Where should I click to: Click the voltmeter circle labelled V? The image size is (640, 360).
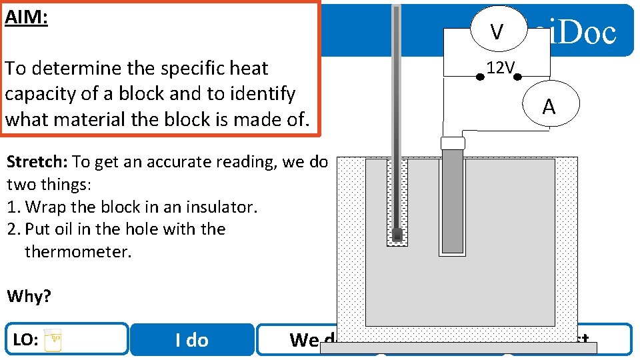coord(497,31)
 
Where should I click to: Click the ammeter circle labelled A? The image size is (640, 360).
coord(549,107)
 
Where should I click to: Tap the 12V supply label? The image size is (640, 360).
coord(500,67)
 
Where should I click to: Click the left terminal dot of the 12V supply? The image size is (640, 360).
coord(479,77)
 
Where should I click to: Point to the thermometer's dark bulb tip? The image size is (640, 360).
coord(397,235)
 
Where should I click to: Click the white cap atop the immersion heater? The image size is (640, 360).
coord(453,143)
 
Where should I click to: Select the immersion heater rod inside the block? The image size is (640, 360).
coord(453,200)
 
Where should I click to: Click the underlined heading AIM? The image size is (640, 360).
coord(26,17)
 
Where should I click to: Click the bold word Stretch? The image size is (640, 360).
coord(37,162)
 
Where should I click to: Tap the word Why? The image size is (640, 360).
coord(28,296)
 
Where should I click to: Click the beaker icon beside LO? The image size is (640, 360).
coord(53,340)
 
